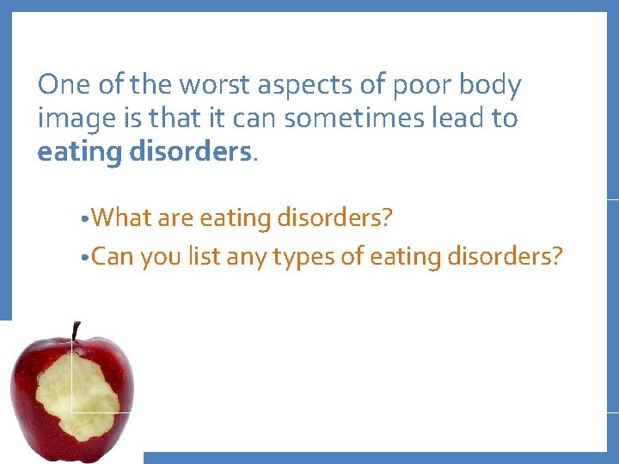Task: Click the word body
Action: (x=490, y=86)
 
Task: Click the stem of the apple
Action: (x=76, y=331)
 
